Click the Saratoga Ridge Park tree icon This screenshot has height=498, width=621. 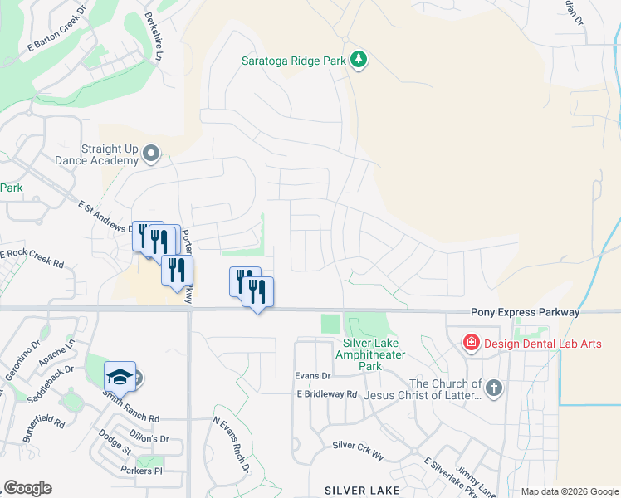pyautogui.click(x=359, y=60)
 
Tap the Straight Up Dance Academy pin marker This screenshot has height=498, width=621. pyautogui.click(x=151, y=154)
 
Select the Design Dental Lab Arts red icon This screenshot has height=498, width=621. pyautogui.click(x=471, y=342)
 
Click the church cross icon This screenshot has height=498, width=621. pyautogui.click(x=494, y=388)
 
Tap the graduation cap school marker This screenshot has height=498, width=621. pyautogui.click(x=120, y=377)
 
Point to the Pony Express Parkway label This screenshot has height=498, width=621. pyautogui.click(x=525, y=312)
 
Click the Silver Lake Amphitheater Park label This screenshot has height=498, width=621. pyautogui.click(x=370, y=354)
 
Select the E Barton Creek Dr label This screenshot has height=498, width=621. pyautogui.click(x=57, y=31)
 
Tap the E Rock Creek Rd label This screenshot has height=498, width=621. pyautogui.click(x=32, y=258)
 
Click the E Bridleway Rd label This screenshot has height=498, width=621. pyautogui.click(x=326, y=394)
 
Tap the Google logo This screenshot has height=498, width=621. pyautogui.click(x=27, y=488)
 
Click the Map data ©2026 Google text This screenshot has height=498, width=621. pyautogui.click(x=570, y=491)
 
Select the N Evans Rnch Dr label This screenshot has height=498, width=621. pyautogui.click(x=232, y=445)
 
